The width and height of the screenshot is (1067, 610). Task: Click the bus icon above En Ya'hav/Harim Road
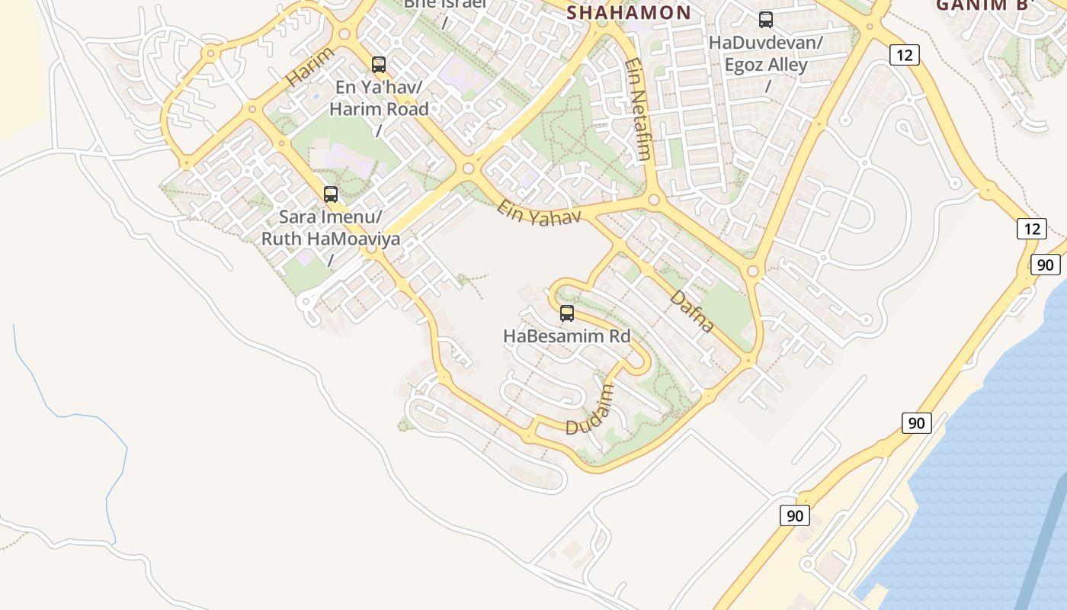tap(379, 65)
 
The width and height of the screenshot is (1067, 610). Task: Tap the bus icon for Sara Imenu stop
tap(331, 194)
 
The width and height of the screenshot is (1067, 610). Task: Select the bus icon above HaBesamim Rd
tap(567, 313)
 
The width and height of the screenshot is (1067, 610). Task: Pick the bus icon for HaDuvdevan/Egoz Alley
tap(766, 21)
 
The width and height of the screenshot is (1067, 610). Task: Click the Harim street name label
tap(309, 66)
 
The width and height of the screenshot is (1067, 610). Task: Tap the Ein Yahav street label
tap(539, 211)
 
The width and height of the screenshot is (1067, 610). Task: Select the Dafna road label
tap(693, 310)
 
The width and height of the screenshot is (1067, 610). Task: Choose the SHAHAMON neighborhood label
tap(629, 12)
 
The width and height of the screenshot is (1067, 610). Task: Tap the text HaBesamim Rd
tap(567, 335)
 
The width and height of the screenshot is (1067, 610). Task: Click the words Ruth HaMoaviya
tap(331, 239)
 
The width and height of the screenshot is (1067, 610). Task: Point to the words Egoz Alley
tap(766, 65)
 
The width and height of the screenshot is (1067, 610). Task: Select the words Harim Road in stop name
tap(379, 108)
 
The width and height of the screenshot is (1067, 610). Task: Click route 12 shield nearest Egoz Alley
tap(905, 55)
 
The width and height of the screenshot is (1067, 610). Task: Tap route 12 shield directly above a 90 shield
tap(1031, 229)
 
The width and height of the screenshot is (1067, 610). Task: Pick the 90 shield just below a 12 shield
tap(1046, 265)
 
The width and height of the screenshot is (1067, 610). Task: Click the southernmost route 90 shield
tap(794, 516)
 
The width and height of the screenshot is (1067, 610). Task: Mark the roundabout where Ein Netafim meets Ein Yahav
tap(653, 201)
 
